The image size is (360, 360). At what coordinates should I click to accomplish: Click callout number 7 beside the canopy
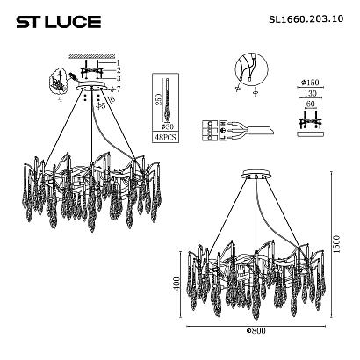(x=118, y=90)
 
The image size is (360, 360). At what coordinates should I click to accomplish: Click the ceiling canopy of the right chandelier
(x=255, y=176)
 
